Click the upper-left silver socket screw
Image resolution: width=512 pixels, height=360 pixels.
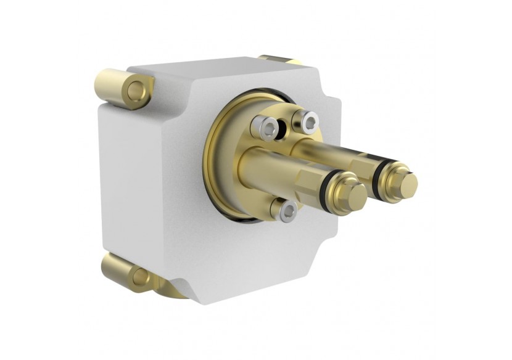click(x=266, y=128)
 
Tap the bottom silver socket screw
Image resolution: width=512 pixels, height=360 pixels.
click(x=287, y=212)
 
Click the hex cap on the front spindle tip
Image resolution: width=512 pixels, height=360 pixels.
click(x=355, y=195)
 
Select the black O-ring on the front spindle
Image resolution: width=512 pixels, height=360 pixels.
click(x=334, y=189)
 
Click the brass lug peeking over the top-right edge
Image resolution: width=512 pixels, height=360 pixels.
click(x=279, y=59)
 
